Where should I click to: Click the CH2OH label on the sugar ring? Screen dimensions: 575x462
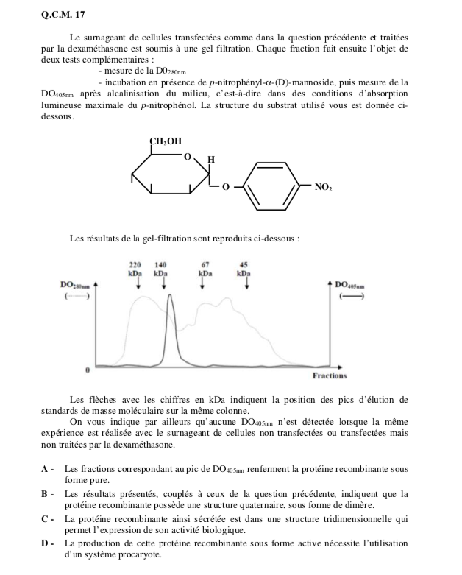tap(166, 141)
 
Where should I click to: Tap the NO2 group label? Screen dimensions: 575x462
tap(324, 188)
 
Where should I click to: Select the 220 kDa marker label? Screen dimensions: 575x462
tap(135, 267)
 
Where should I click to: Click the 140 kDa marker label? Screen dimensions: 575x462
tap(161, 267)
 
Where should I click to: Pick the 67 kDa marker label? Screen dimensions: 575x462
tap(206, 267)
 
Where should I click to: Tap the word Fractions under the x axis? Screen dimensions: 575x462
tap(329, 375)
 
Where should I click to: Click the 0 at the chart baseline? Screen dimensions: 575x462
tap(88, 366)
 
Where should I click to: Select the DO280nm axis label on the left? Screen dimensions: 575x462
tap(75, 283)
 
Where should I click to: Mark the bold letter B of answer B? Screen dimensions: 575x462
tap(46, 494)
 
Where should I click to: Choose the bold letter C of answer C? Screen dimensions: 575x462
tap(46, 519)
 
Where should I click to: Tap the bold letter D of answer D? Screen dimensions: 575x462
tap(46, 543)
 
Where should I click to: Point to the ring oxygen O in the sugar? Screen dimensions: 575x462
tap(187, 157)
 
